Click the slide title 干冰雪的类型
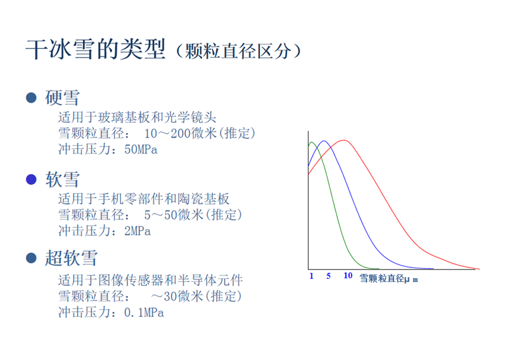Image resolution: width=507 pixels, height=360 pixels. [96, 49]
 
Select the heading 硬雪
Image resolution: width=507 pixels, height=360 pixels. [62, 98]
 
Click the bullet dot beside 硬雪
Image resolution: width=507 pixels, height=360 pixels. [31, 98]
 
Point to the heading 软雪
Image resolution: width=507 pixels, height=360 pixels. [62, 179]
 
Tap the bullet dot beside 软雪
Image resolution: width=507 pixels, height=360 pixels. [31, 179]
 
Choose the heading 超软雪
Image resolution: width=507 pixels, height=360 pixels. [71, 258]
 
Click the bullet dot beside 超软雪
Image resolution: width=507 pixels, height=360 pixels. [31, 258]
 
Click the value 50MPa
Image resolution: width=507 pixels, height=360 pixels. [141, 150]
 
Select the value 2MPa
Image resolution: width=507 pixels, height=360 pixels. [138, 231]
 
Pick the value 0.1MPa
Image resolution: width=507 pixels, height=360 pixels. [144, 312]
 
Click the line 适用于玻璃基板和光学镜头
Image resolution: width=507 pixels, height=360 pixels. [137, 117]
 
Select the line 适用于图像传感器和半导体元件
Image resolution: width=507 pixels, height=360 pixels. [150, 280]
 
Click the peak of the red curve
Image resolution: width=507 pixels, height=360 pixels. [345, 140]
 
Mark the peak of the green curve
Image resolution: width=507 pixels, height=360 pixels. [312, 142]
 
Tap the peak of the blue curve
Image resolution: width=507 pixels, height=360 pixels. [324, 141]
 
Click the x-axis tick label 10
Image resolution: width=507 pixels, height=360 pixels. [348, 276]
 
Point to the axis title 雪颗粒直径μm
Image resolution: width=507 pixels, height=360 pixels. [388, 278]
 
